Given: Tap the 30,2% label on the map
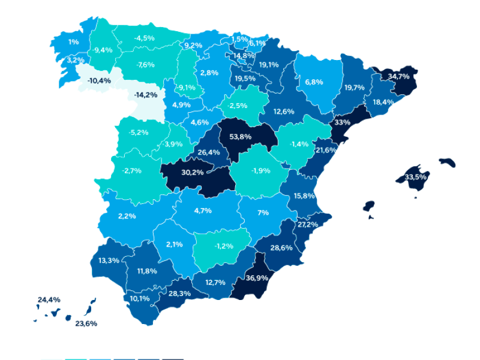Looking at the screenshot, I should (x=193, y=172).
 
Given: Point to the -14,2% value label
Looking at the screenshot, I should (x=146, y=95).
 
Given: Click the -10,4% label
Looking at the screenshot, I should (x=99, y=80).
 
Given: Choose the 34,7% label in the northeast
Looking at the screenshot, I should (x=398, y=77).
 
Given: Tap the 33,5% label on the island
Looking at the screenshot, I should (x=416, y=178).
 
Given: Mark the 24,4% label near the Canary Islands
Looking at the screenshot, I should (x=49, y=299).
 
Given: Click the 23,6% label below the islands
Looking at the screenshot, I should (x=86, y=323).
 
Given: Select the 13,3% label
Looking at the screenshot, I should (x=109, y=260).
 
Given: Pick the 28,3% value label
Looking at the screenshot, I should (x=180, y=293).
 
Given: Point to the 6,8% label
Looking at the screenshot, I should (x=314, y=82).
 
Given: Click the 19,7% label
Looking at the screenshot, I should (x=355, y=88).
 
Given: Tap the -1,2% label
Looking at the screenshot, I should (x=224, y=246).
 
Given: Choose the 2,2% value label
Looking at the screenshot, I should (x=127, y=215).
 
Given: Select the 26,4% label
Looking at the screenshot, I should (x=208, y=152).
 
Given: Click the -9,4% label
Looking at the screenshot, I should (x=103, y=50).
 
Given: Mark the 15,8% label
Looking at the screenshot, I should (x=305, y=196).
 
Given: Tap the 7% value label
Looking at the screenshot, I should (x=263, y=213).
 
